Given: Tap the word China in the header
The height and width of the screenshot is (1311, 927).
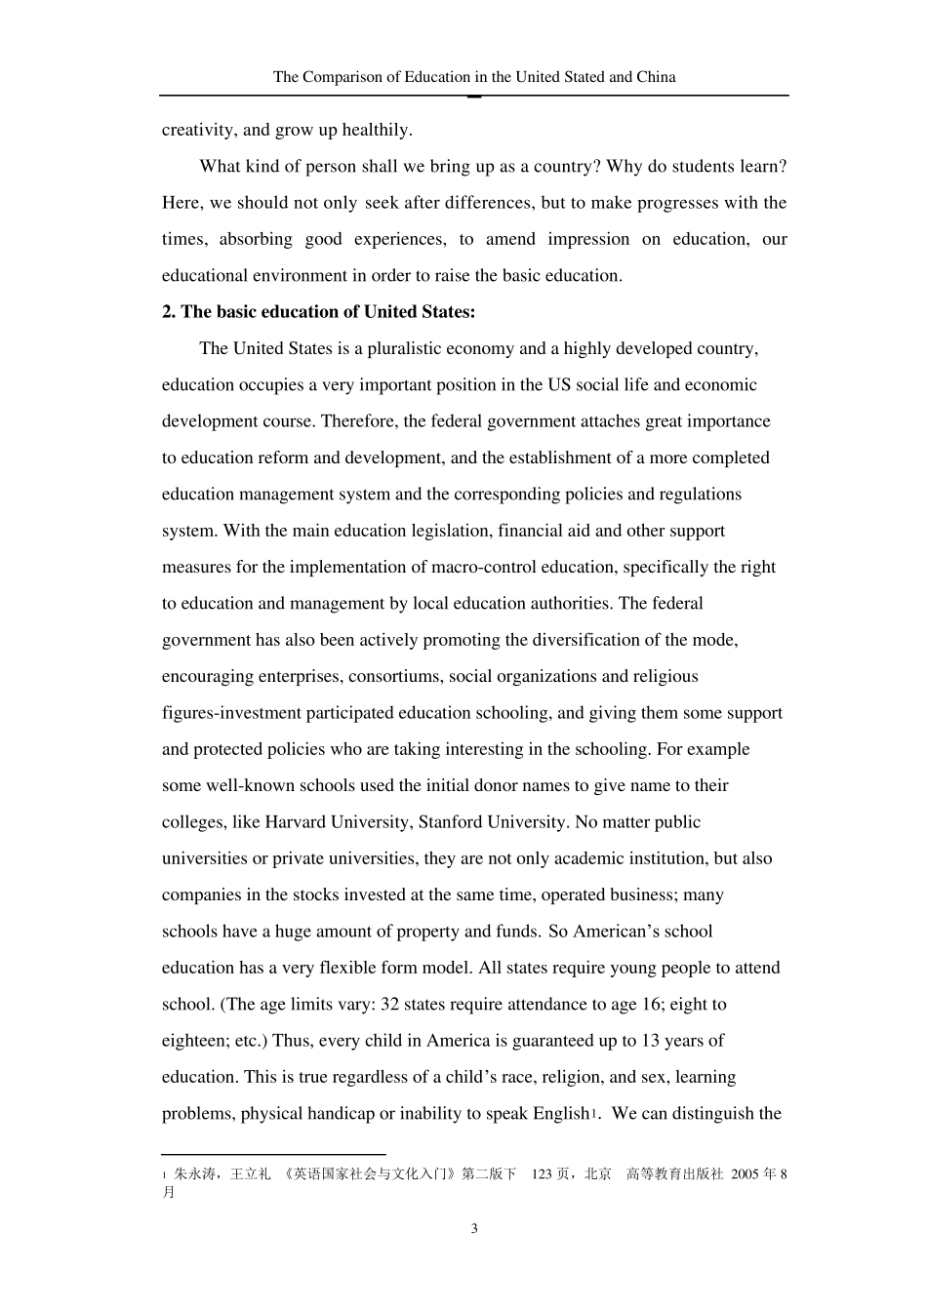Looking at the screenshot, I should click(655, 77).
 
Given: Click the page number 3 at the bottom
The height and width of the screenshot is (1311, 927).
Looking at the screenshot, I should click(474, 1229).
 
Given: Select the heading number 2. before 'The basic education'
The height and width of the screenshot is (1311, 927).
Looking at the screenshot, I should click(170, 312).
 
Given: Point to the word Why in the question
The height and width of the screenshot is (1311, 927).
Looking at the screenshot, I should click(625, 166).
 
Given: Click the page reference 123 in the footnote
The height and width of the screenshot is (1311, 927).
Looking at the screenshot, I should click(543, 1174).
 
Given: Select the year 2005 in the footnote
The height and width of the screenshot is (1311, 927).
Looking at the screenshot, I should click(746, 1174).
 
